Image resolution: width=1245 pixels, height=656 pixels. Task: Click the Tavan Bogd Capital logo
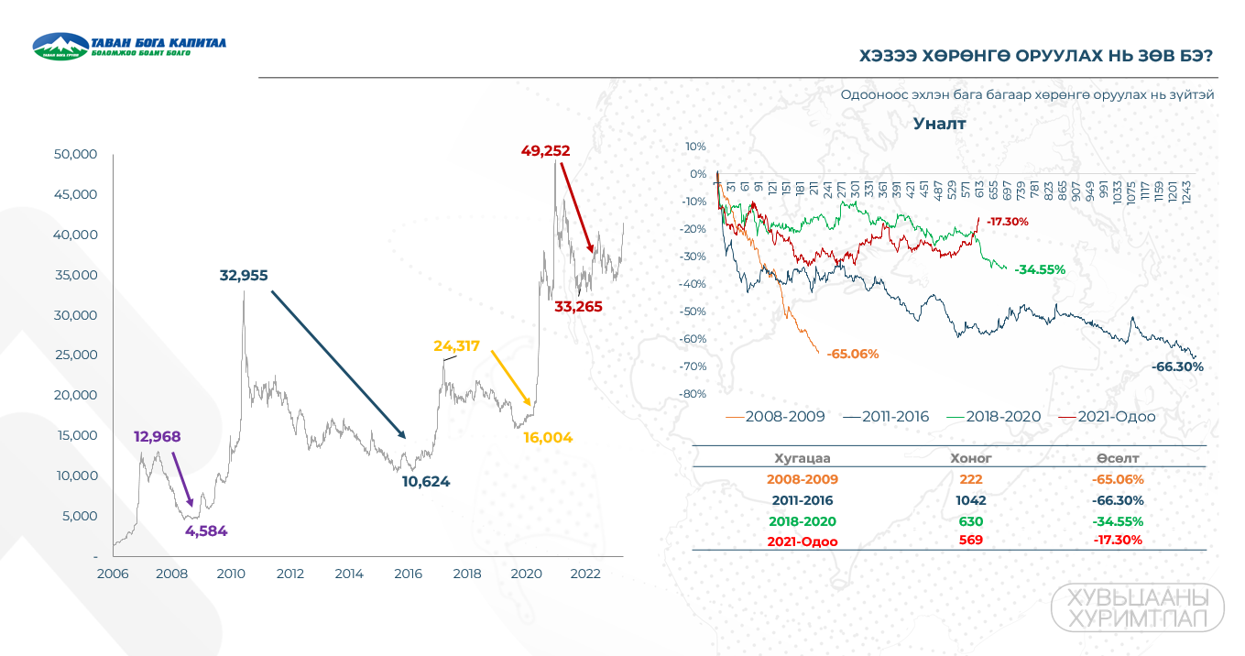128,47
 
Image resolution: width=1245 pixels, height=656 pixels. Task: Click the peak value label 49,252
545,150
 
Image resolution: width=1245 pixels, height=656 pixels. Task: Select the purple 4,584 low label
206,530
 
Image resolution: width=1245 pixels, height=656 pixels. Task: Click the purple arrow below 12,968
181,477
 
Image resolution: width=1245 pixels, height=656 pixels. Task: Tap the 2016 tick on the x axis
408,574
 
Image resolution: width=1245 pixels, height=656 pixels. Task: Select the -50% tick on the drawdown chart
693,312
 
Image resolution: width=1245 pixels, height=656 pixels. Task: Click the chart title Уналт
939,124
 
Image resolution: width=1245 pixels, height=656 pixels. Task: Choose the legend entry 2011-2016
885,417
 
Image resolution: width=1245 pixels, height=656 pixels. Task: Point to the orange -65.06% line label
852,354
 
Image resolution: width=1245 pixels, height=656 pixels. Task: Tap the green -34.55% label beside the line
1039,269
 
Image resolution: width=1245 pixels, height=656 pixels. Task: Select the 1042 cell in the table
971,500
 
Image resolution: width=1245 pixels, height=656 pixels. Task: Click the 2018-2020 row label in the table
803,521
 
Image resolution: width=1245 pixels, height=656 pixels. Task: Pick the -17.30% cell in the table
1118,540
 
